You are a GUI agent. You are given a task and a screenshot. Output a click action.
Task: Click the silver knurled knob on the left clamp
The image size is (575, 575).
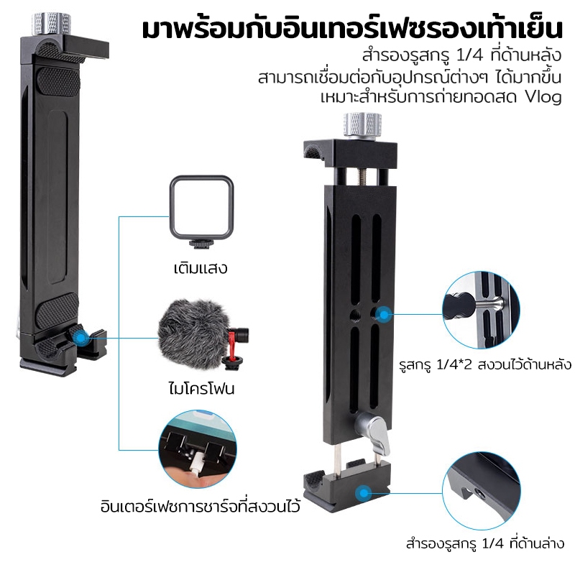coord(51,24)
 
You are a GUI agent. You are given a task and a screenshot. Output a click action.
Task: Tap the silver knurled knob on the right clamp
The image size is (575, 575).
coord(362,125)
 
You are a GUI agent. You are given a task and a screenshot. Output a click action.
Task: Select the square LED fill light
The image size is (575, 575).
coord(201,211)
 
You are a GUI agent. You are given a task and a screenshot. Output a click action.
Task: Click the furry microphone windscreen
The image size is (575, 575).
coord(193,333)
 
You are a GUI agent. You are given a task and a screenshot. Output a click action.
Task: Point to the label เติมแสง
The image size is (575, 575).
coord(201,267)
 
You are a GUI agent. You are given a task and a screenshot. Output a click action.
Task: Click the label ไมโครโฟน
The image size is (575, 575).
coord(201,388)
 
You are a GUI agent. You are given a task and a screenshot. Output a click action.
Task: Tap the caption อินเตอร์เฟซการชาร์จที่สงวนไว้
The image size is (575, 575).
coord(201,507)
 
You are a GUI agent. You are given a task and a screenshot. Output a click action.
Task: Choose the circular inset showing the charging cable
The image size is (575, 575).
coord(197,449)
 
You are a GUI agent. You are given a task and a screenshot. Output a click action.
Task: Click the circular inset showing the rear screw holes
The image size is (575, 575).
coord(481,310)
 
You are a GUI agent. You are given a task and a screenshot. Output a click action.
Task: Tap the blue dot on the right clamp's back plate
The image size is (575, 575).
coord(384,315)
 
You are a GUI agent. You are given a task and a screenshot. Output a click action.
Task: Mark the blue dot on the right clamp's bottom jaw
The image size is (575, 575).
coord(363,493)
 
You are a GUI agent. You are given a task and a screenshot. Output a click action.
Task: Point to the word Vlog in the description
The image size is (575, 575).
coord(543,97)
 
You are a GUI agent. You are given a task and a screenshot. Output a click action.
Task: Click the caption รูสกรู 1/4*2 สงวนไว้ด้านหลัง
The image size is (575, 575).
coord(485,365)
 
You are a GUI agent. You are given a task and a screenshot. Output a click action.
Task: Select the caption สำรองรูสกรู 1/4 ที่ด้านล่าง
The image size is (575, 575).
coord(484,543)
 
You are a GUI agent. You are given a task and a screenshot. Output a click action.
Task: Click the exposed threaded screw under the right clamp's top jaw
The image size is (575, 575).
coord(362,177)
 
